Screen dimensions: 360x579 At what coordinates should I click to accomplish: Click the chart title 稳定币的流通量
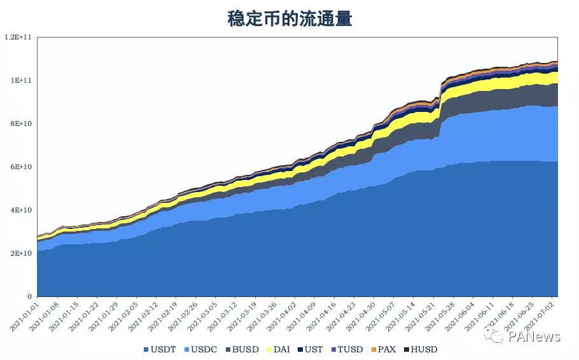pos(289,18)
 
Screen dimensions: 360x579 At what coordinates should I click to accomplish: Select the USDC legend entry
pos(201,349)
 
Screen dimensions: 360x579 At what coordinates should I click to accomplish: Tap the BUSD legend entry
pos(242,349)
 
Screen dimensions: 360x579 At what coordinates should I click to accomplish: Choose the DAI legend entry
pos(277,349)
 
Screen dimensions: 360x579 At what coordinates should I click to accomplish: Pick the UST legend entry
pos(310,349)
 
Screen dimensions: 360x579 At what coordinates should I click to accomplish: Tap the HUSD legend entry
pos(419,349)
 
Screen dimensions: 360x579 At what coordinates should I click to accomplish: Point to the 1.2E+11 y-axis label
pos(18,37)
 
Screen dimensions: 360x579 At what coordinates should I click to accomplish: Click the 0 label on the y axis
pos(29,296)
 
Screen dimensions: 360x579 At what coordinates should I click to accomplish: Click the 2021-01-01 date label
pos(24,317)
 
